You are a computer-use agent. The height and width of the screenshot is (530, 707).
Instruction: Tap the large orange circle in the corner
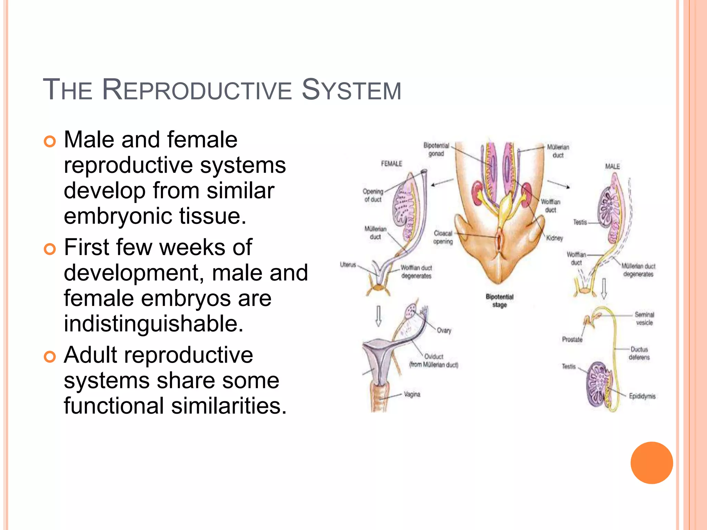click(x=651, y=463)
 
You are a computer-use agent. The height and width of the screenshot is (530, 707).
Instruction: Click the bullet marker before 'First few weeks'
click(x=50, y=248)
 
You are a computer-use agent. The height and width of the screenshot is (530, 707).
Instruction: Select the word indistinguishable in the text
click(x=154, y=324)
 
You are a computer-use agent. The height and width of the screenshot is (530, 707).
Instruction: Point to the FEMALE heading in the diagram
click(x=391, y=164)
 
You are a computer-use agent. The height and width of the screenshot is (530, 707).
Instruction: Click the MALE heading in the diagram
click(x=612, y=166)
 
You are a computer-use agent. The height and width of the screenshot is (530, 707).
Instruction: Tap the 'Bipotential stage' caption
click(x=500, y=301)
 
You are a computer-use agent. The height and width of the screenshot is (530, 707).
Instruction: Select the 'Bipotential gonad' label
click(x=436, y=149)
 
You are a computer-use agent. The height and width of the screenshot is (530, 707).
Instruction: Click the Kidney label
click(x=554, y=238)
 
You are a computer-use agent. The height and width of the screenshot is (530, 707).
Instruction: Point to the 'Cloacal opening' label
click(x=443, y=237)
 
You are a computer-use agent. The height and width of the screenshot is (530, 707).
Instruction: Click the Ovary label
click(x=444, y=331)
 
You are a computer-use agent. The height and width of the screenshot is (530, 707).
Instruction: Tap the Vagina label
click(x=412, y=394)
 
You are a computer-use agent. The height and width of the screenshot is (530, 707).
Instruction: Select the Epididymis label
click(x=642, y=396)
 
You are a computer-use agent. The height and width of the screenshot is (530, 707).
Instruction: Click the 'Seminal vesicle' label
click(x=644, y=318)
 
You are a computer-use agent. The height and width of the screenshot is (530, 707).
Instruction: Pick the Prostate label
click(x=572, y=340)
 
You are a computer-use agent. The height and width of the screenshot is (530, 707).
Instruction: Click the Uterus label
click(x=348, y=265)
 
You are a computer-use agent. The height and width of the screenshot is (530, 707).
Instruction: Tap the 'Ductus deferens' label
click(x=639, y=353)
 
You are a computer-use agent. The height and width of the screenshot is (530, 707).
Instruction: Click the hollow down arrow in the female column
click(x=378, y=315)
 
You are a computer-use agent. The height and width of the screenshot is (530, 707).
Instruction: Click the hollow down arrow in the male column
click(x=604, y=288)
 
